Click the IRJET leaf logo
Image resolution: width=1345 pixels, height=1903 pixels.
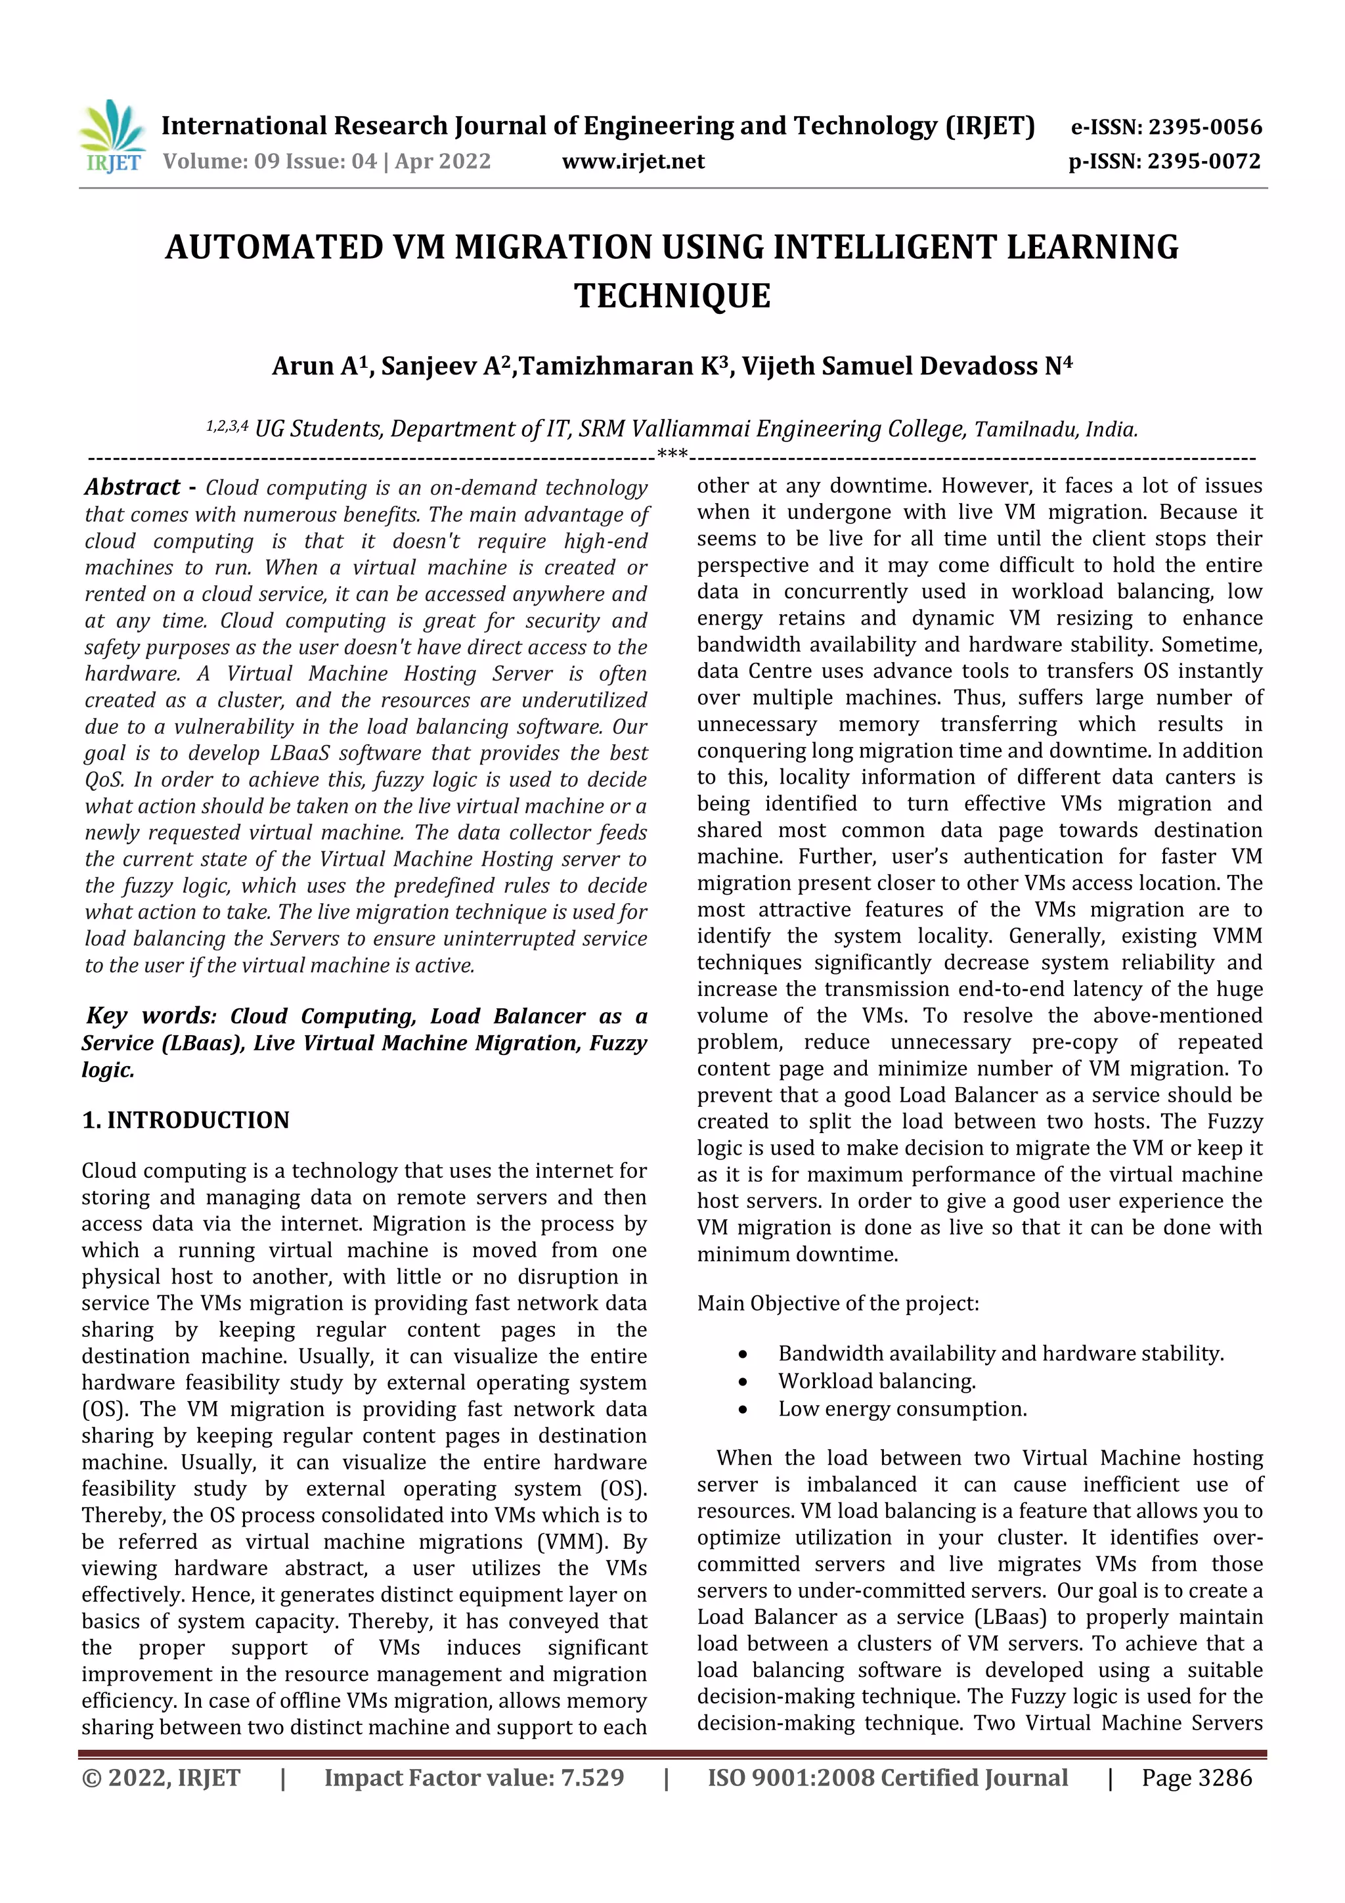tap(112, 135)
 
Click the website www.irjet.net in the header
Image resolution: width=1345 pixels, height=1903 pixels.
tap(633, 162)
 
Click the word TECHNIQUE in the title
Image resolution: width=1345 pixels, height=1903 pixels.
tap(672, 296)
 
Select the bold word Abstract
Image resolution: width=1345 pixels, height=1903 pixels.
tap(133, 487)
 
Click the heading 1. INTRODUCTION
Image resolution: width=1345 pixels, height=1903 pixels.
tap(186, 1120)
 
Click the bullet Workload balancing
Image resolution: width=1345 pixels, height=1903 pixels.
tap(877, 1381)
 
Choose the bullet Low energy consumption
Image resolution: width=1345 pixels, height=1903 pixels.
tap(902, 1409)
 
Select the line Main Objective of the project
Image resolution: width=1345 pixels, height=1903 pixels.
tap(837, 1304)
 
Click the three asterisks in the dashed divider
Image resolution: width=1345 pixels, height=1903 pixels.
tap(671, 454)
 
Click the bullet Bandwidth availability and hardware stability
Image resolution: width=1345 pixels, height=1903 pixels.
tap(1000, 1353)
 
